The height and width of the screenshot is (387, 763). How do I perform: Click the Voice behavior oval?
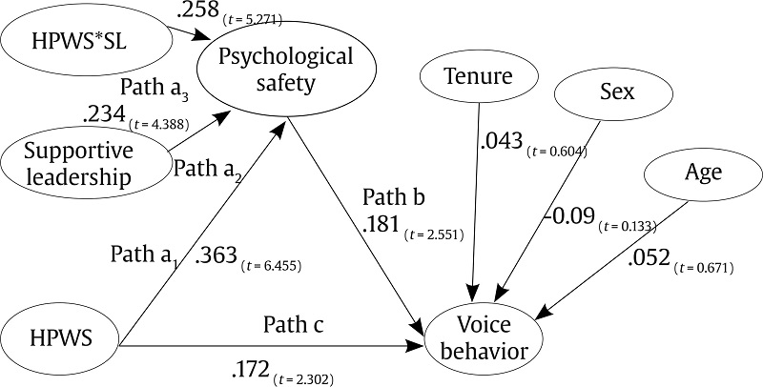coord(485,337)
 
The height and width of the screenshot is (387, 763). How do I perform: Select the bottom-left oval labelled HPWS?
coord(59,336)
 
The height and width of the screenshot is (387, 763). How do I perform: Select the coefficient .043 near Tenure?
coord(502,143)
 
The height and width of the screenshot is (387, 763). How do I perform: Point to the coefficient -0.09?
coord(569,220)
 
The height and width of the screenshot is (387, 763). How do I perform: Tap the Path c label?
coord(294,326)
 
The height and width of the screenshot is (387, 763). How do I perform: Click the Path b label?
coord(393,200)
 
